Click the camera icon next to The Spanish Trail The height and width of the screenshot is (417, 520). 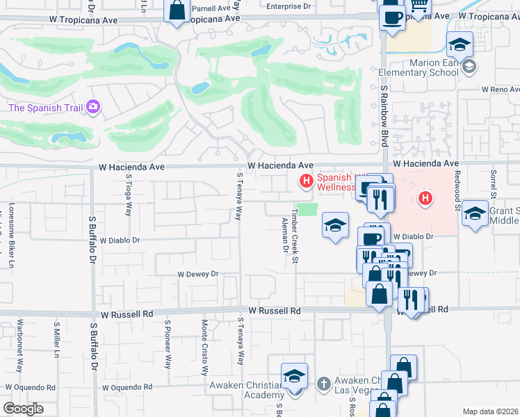pos(94,107)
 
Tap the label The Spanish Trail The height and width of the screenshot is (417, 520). pos(45,108)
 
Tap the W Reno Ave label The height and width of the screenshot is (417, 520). pos(501,90)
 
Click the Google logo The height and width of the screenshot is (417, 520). pos(23,409)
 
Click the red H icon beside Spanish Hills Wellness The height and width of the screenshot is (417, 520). pos(305,182)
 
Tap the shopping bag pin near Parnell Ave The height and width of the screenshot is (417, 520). pos(177,11)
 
